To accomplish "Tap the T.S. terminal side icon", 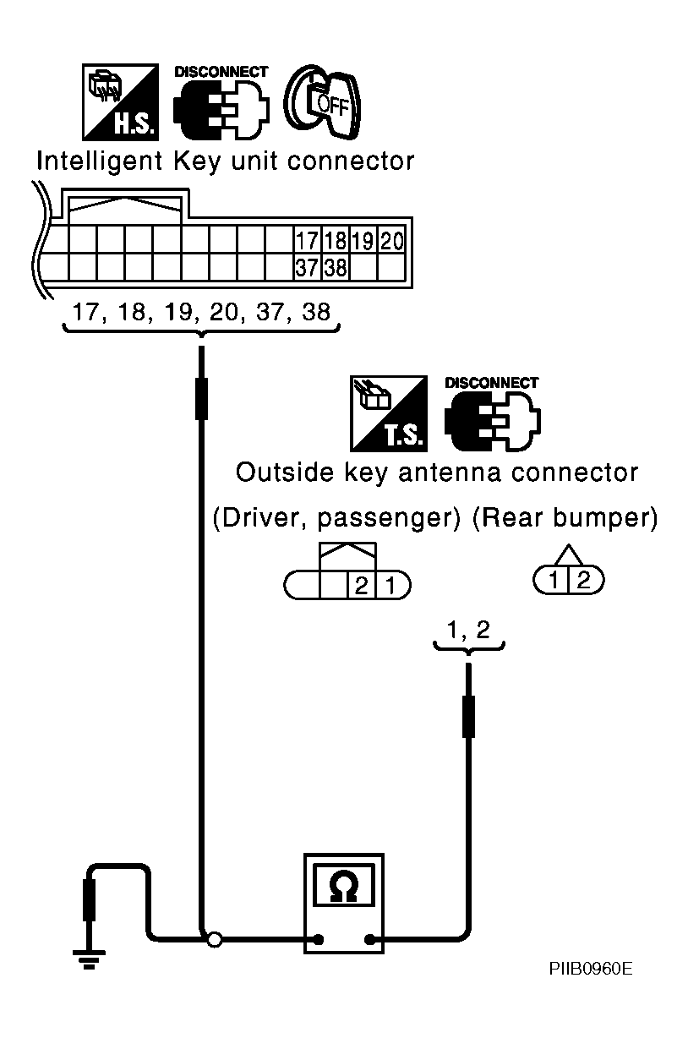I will click(389, 413).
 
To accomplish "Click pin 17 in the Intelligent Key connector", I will click(306, 241).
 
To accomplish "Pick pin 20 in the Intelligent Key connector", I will click(391, 241).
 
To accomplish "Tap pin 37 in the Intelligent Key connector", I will click(306, 268).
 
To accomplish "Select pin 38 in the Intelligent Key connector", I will click(335, 268).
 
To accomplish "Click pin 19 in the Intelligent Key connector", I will click(363, 241).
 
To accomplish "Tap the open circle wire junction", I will click(216, 938).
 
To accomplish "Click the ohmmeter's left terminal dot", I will click(318, 938).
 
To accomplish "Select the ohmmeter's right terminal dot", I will click(369, 938).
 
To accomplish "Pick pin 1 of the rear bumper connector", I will click(553, 580).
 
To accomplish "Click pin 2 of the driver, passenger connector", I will click(361, 585).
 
